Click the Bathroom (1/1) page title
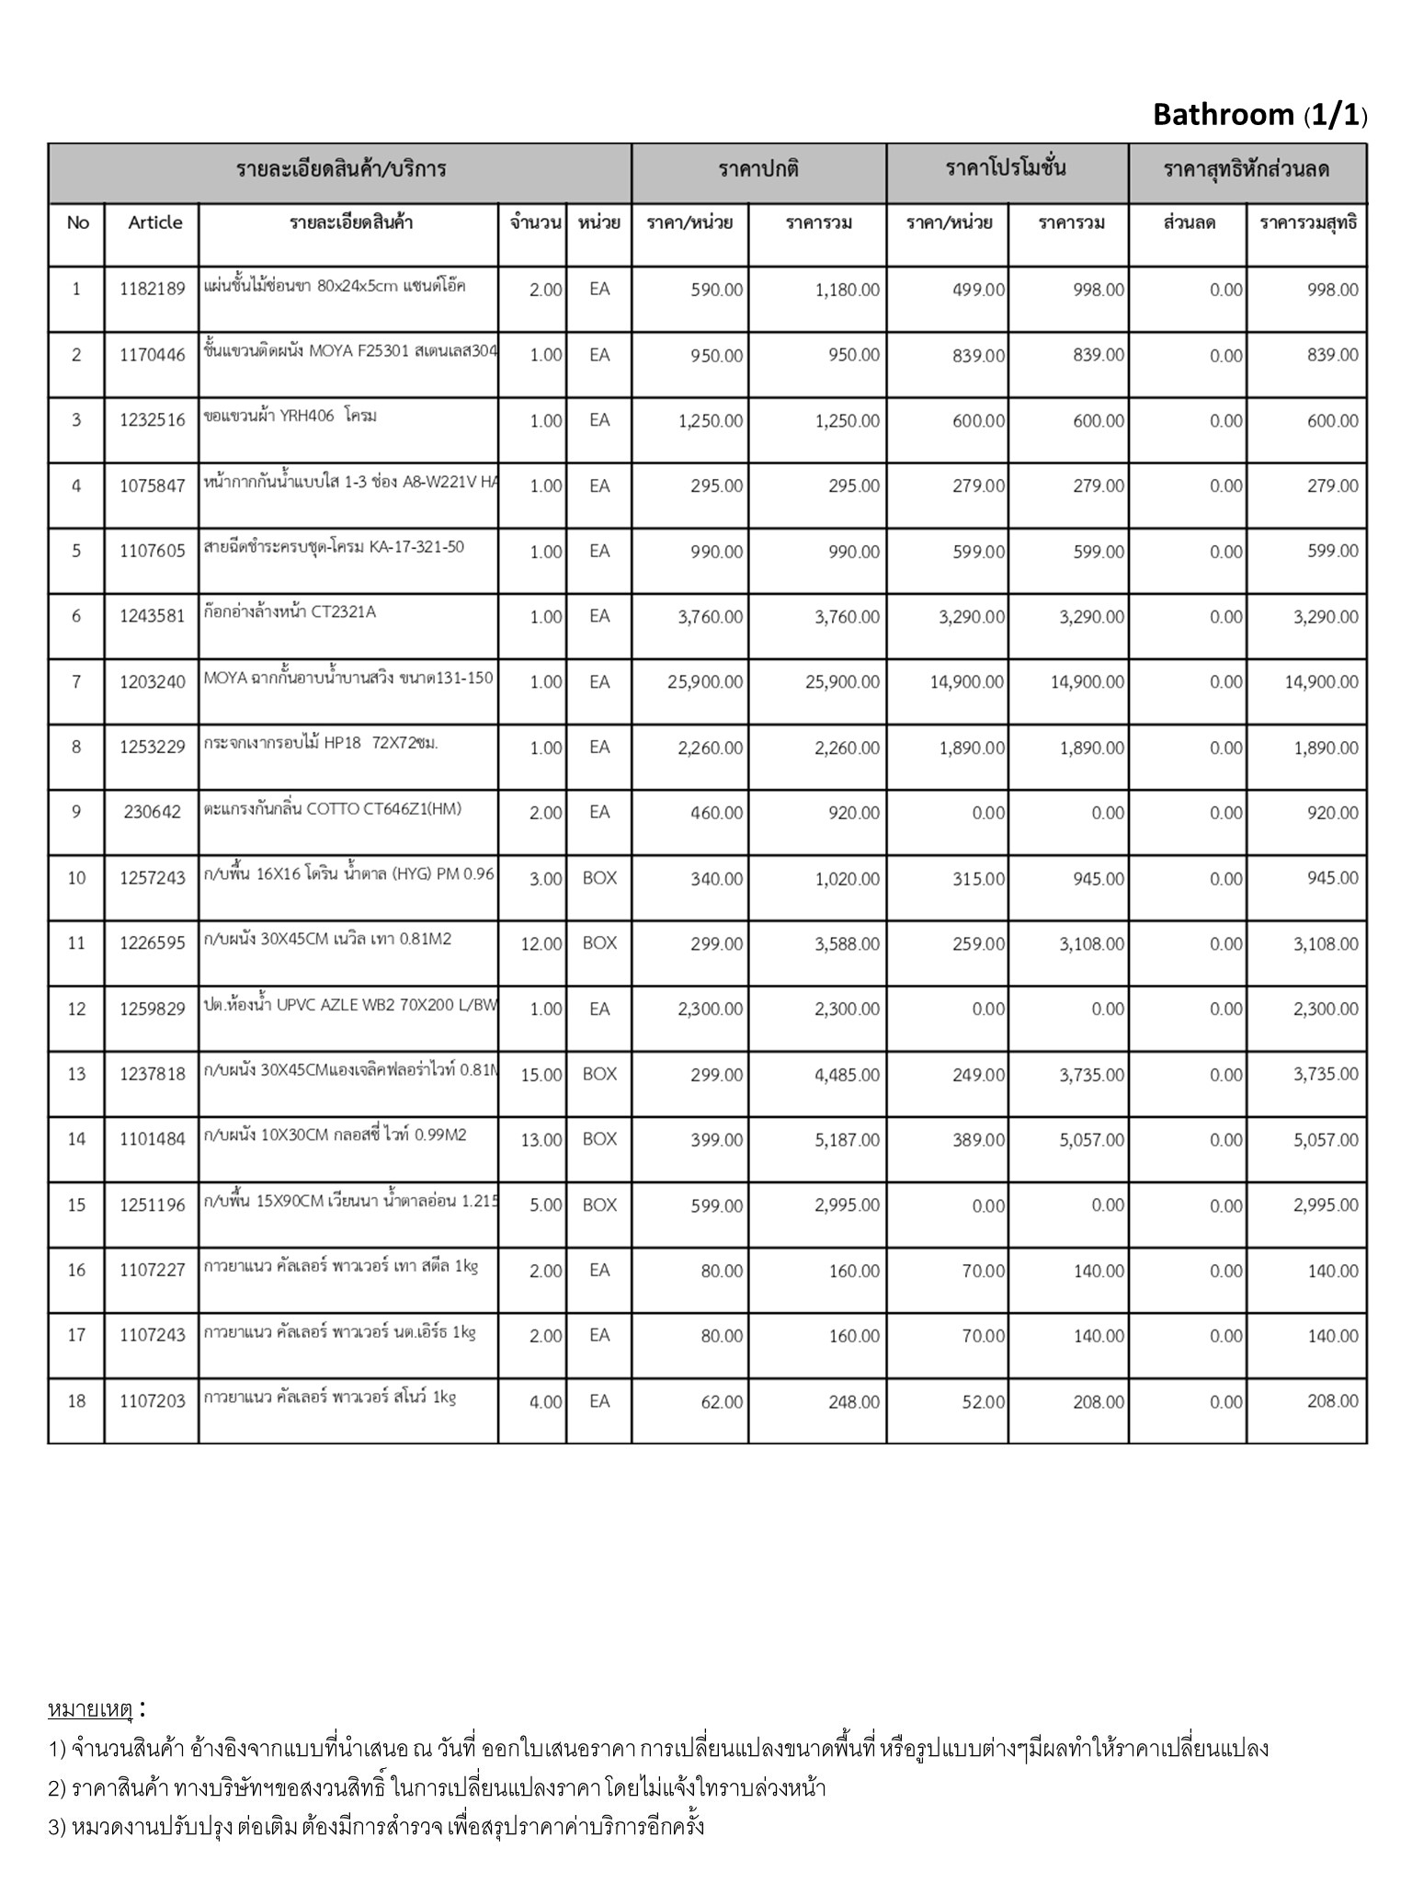(x=1259, y=115)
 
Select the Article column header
(x=155, y=223)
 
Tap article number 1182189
(x=153, y=290)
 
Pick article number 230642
(x=153, y=813)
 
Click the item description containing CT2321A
(x=290, y=612)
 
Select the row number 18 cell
(x=76, y=1401)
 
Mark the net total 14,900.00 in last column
(x=1321, y=682)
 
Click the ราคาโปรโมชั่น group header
(x=1006, y=169)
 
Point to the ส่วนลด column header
(x=1190, y=223)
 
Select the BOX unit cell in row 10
(x=599, y=878)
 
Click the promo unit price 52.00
(x=983, y=1402)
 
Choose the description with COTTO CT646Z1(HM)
(x=333, y=809)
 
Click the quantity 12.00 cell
(x=541, y=944)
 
